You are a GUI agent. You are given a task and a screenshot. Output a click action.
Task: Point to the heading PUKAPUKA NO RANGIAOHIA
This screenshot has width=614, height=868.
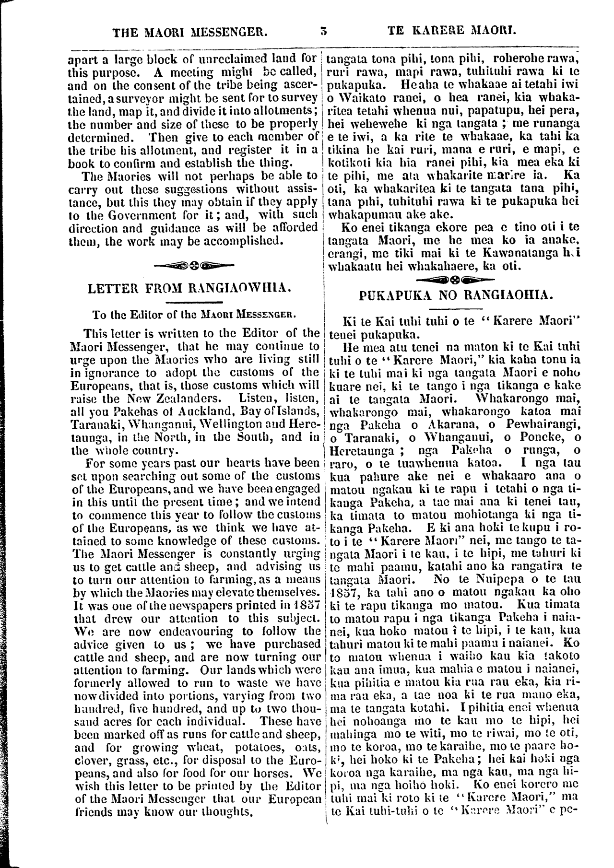[x=456, y=295]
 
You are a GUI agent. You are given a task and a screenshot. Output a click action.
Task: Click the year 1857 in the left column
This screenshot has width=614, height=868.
[x=304, y=605]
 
